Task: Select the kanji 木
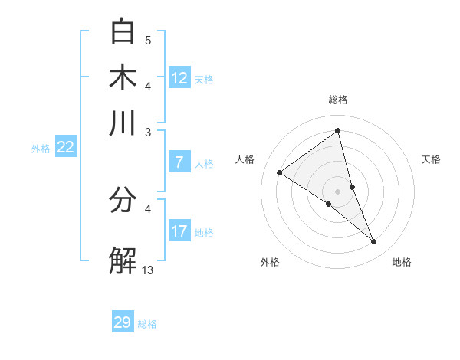123,77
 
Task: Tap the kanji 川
123,123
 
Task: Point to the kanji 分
123,201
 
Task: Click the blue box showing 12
179,77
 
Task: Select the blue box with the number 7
179,162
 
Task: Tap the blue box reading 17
179,231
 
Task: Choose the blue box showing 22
65,147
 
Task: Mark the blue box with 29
123,322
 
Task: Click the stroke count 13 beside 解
148,270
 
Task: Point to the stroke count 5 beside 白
148,40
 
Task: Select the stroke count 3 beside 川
148,132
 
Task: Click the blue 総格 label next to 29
147,324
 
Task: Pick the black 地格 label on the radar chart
402,262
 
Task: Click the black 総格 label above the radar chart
337,100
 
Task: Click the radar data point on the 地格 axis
374,242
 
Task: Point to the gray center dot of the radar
337,191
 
